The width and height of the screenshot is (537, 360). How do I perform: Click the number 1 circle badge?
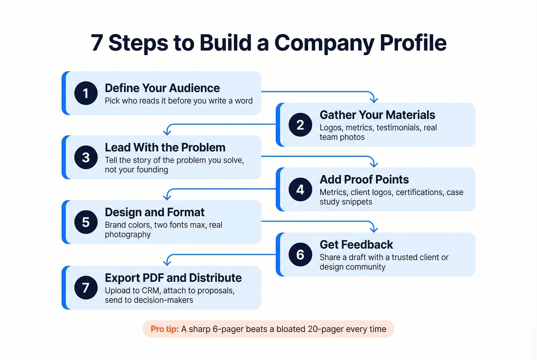[86, 93]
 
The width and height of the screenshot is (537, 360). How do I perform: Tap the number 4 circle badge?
[300, 189]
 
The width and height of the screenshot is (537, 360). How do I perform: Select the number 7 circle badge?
[86, 288]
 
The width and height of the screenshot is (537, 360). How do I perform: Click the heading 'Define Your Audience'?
[162, 88]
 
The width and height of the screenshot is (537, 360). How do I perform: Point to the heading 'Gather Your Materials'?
[377, 115]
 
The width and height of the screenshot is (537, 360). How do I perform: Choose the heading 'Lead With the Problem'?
[165, 148]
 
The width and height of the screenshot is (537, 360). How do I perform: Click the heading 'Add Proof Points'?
[364, 179]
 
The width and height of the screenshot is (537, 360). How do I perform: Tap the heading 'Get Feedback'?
[356, 245]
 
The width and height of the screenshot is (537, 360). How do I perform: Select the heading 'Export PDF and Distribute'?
[173, 278]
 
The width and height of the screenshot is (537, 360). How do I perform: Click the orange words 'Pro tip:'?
[165, 329]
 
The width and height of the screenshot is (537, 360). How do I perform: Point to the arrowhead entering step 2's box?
[374, 100]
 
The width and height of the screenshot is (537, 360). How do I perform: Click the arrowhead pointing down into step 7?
[167, 263]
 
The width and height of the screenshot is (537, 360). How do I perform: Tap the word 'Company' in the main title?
[324, 43]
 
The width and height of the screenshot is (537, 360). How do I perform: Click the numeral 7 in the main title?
[97, 43]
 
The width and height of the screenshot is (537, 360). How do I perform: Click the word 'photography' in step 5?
[128, 235]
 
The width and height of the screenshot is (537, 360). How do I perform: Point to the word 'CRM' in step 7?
[150, 291]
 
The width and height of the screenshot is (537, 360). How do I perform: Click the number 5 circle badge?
[86, 222]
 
